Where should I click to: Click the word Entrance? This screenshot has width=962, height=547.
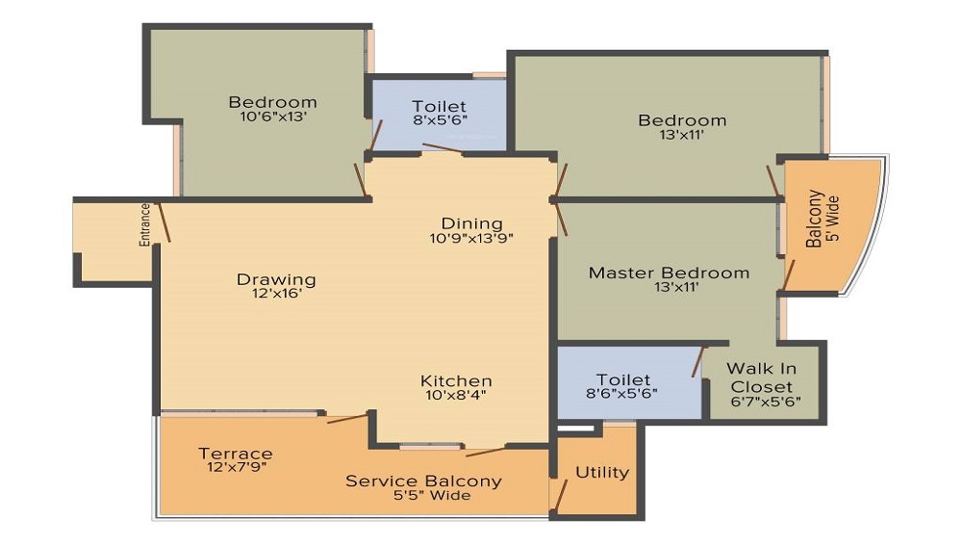coord(145,224)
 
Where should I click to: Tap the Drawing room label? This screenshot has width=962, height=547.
coord(276,280)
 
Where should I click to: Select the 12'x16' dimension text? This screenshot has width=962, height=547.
coord(277,294)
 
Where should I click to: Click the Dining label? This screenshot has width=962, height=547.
coord(471,223)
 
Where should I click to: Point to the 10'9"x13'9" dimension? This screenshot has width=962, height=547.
coord(471,238)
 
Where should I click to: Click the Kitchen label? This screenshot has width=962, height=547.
coord(456,380)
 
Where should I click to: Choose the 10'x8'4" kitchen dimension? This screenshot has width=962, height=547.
coord(456,395)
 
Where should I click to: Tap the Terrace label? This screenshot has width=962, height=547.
coord(236,454)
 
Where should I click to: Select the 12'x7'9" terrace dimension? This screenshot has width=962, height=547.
coord(237,467)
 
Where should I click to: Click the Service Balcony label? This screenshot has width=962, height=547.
coord(423,481)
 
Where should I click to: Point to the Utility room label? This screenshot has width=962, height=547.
coord(602,473)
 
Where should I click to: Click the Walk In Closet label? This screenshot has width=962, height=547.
coord(761,378)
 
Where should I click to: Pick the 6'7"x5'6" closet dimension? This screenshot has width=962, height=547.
coord(766,403)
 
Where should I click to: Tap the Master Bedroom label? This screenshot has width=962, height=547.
coord(669,273)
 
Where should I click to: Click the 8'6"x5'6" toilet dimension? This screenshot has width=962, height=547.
coord(622,394)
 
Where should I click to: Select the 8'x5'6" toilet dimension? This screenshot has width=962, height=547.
coord(440,120)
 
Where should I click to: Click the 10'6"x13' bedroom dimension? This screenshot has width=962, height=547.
coord(273,117)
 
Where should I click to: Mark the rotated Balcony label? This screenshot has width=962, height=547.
coord(814,219)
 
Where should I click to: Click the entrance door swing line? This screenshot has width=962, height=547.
coord(164,222)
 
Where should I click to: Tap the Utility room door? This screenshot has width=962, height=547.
coord(560,496)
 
